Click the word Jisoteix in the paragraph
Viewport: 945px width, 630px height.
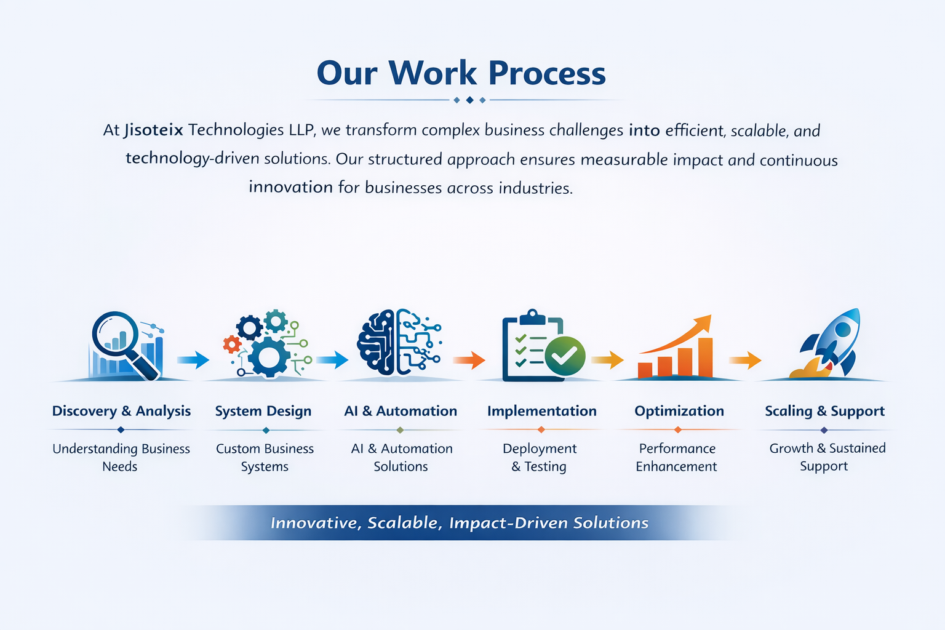point(154,130)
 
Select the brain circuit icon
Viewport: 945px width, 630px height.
point(399,342)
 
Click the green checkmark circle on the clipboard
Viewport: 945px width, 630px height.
point(565,356)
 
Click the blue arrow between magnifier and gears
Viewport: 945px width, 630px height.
point(193,360)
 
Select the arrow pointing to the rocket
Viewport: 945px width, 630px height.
point(745,360)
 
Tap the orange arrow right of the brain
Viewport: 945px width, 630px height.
point(469,360)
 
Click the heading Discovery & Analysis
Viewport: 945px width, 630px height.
point(121,410)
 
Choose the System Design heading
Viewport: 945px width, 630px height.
point(263,411)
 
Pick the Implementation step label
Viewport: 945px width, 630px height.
point(541,410)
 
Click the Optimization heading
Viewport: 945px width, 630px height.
point(679,410)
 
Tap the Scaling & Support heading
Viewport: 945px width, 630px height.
point(825,411)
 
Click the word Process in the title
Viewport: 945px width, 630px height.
point(547,73)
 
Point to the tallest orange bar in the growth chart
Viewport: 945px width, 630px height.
point(706,357)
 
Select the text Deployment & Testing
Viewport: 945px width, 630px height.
point(539,457)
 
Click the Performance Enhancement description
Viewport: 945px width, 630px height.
point(677,457)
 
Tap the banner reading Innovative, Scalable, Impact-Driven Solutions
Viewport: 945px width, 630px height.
point(460,522)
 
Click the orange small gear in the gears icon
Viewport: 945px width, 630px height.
point(232,345)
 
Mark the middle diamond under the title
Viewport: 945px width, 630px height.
point(469,100)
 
